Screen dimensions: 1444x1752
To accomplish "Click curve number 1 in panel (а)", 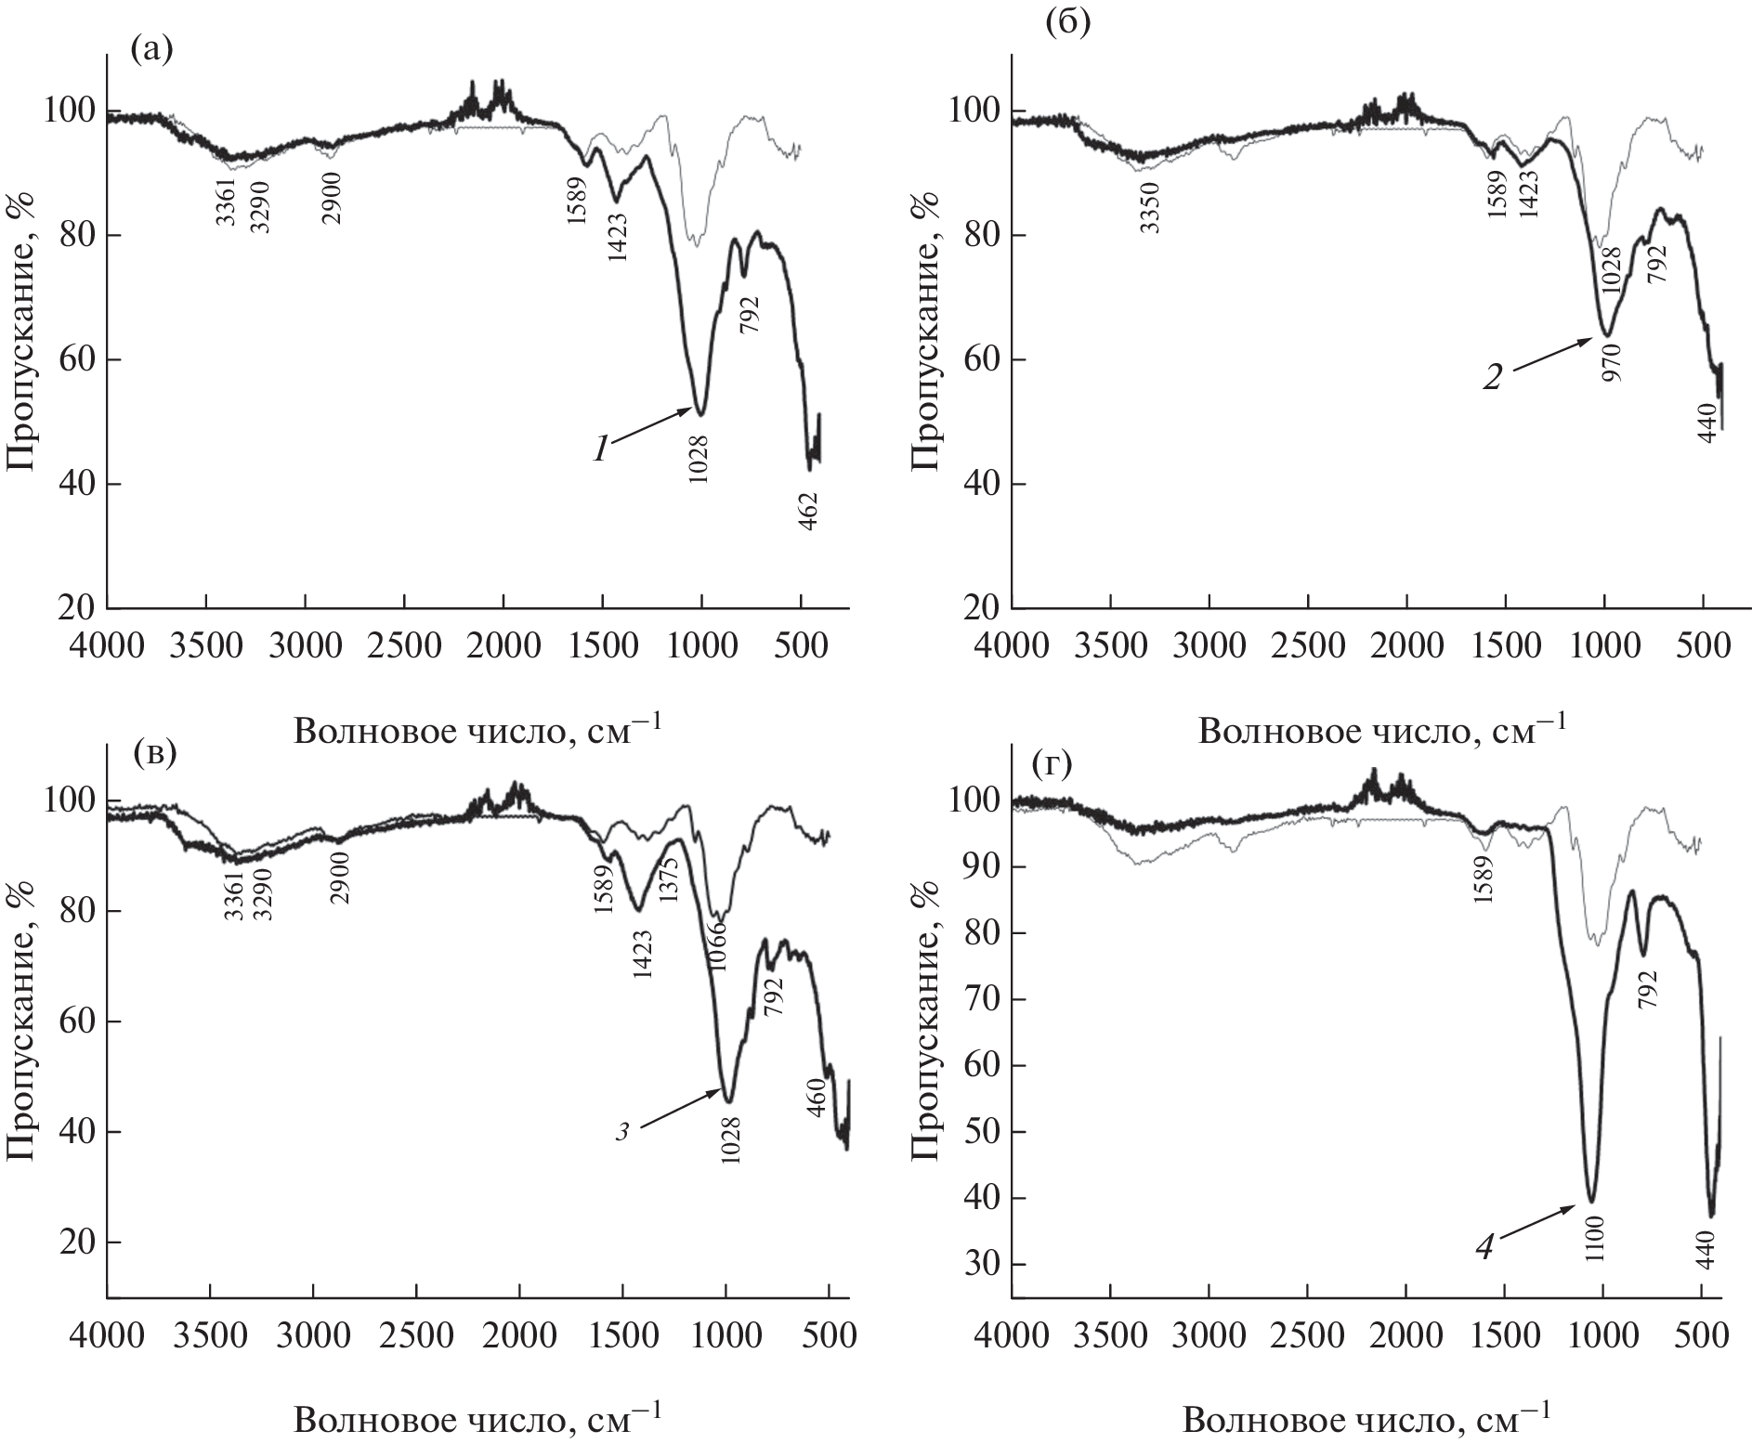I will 601,450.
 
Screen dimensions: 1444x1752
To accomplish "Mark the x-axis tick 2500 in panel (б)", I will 1307,644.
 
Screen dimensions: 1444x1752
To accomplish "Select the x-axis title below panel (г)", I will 1366,1421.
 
